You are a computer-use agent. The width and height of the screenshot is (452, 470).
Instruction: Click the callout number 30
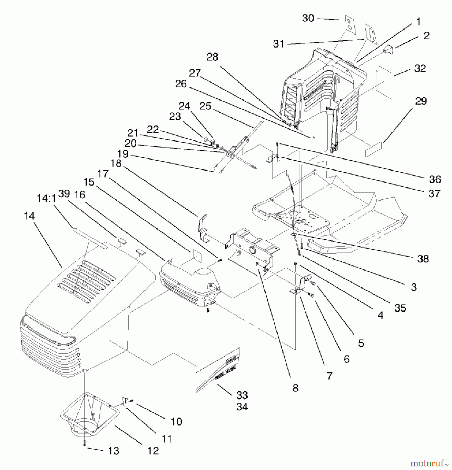click(308, 18)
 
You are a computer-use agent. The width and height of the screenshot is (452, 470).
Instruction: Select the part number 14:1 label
click(46, 198)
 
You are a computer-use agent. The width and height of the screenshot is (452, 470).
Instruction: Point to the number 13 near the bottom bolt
click(113, 451)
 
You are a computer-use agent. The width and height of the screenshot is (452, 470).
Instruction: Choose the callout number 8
click(295, 388)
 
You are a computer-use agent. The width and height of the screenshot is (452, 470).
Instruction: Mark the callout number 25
click(205, 106)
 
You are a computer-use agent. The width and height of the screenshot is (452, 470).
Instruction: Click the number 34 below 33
click(242, 407)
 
